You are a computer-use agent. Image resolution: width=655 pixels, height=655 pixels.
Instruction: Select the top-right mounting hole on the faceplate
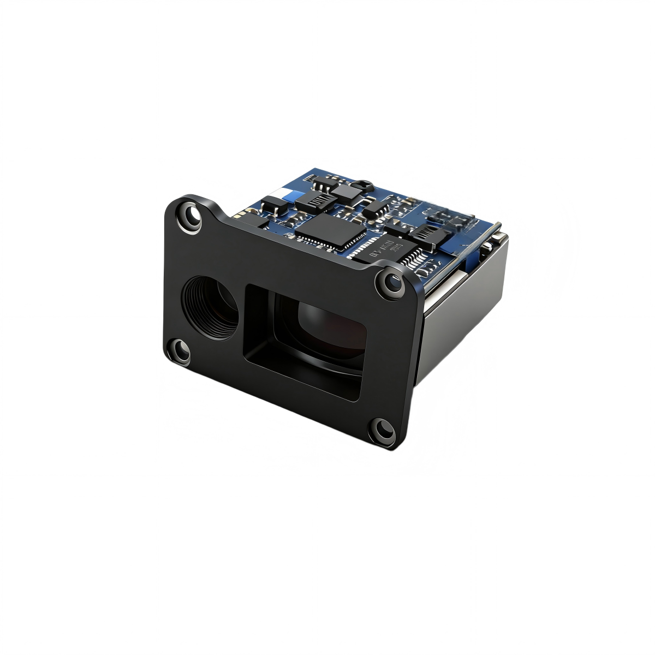coord(391,282)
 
